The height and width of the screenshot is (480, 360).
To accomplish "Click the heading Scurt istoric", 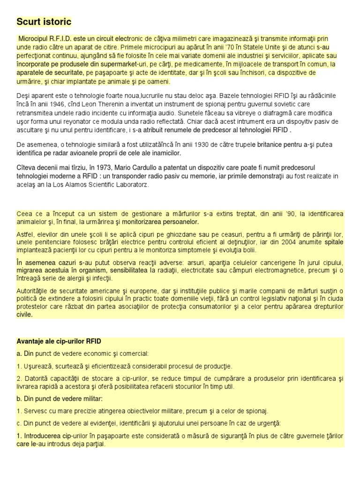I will pos(44,22).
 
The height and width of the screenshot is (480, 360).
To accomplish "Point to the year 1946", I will pos(57,104).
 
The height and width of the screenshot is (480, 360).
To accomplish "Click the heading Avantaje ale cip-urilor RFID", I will pos(59,342).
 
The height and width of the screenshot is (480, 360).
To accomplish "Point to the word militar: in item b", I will pos(90,398).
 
